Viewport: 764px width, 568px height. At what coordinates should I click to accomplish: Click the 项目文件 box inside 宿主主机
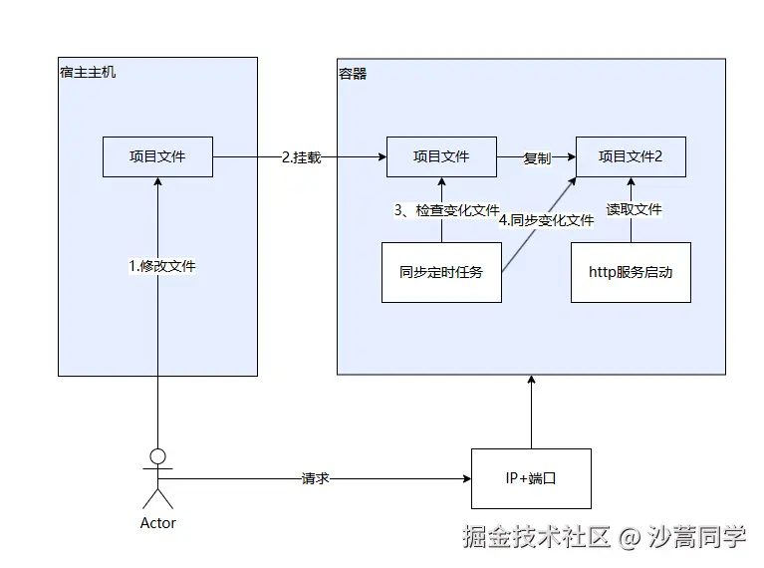click(157, 156)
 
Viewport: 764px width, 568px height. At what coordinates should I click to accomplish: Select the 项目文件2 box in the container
click(631, 156)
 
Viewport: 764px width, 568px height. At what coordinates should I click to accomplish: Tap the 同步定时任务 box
click(440, 271)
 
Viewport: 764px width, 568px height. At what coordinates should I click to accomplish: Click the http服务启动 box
click(631, 271)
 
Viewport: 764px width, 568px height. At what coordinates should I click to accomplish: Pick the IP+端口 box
click(531, 478)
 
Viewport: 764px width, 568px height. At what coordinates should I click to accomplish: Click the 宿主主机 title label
click(88, 73)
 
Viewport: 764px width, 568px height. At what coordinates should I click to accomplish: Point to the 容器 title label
click(353, 73)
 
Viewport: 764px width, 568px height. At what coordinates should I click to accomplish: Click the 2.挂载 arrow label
click(301, 157)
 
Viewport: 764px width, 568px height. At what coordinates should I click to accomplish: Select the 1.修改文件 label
click(162, 266)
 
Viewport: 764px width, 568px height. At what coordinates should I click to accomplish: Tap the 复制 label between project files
click(537, 157)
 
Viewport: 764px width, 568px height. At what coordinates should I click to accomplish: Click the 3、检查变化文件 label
click(446, 210)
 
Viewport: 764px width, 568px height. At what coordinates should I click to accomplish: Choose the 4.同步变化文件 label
click(546, 220)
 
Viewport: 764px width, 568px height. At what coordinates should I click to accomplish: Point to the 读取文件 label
click(634, 210)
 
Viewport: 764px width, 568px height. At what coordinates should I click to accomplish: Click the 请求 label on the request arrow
click(315, 479)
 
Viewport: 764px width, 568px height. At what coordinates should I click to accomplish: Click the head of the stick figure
click(157, 457)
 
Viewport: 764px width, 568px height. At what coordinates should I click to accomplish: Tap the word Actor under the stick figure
click(157, 523)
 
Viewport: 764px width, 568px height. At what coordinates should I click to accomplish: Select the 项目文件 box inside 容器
click(441, 156)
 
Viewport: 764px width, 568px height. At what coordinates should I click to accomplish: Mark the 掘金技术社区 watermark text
click(536, 538)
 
